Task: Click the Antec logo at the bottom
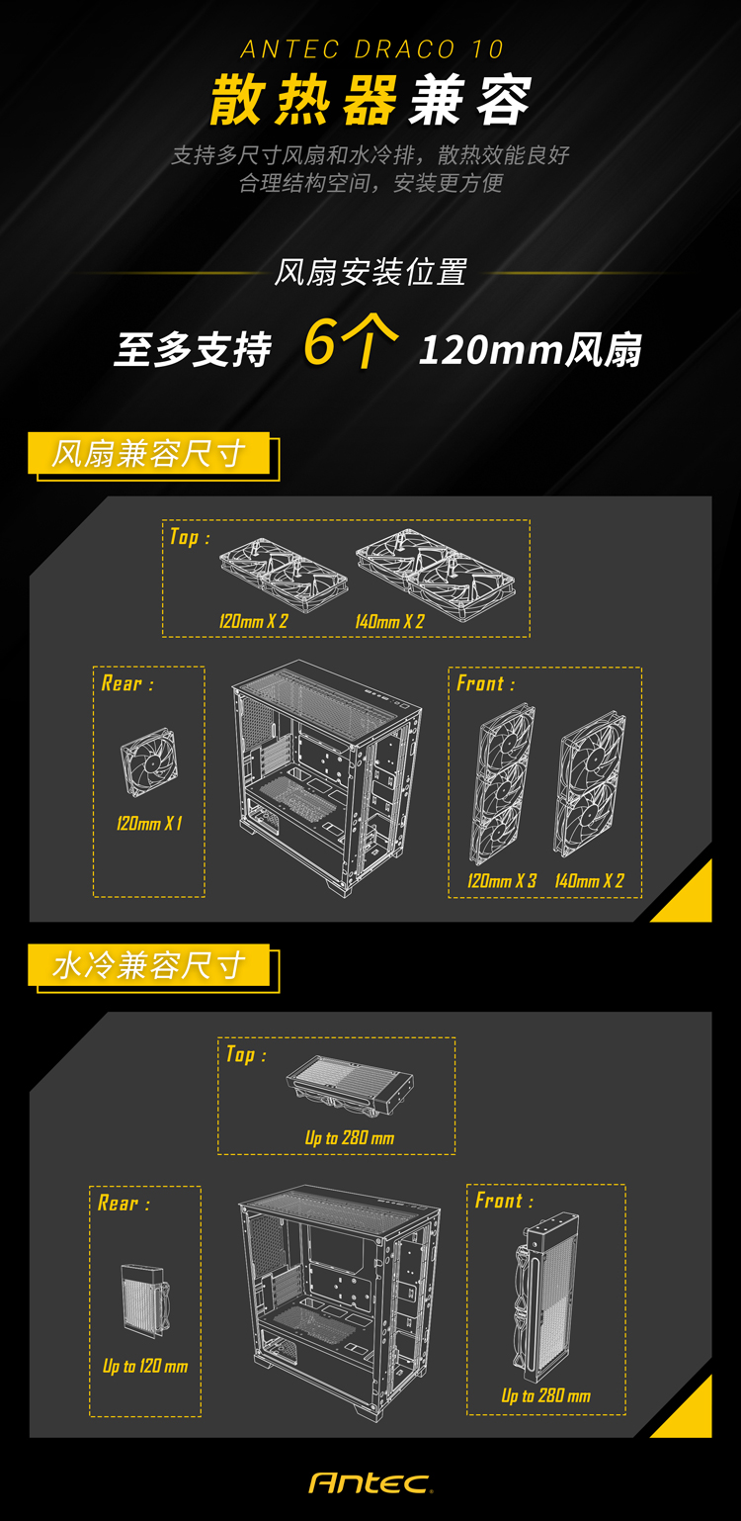pyautogui.click(x=370, y=1483)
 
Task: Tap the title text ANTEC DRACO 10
pyautogui.click(x=371, y=49)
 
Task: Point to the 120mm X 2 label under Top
pyautogui.click(x=254, y=621)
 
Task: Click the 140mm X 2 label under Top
pyautogui.click(x=389, y=621)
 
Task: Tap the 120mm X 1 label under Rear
pyautogui.click(x=149, y=824)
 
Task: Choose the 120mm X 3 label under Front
pyautogui.click(x=502, y=881)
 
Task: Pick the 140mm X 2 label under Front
pyautogui.click(x=589, y=881)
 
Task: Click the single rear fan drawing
pyautogui.click(x=149, y=761)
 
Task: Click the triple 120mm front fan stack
pyautogui.click(x=502, y=784)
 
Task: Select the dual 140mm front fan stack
pyautogui.click(x=591, y=784)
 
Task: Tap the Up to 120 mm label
pyautogui.click(x=145, y=1366)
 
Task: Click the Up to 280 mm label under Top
pyautogui.click(x=350, y=1138)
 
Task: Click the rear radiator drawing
pyautogui.click(x=144, y=1299)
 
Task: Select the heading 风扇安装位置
pyautogui.click(x=370, y=272)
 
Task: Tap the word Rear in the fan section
pyautogui.click(x=122, y=683)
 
